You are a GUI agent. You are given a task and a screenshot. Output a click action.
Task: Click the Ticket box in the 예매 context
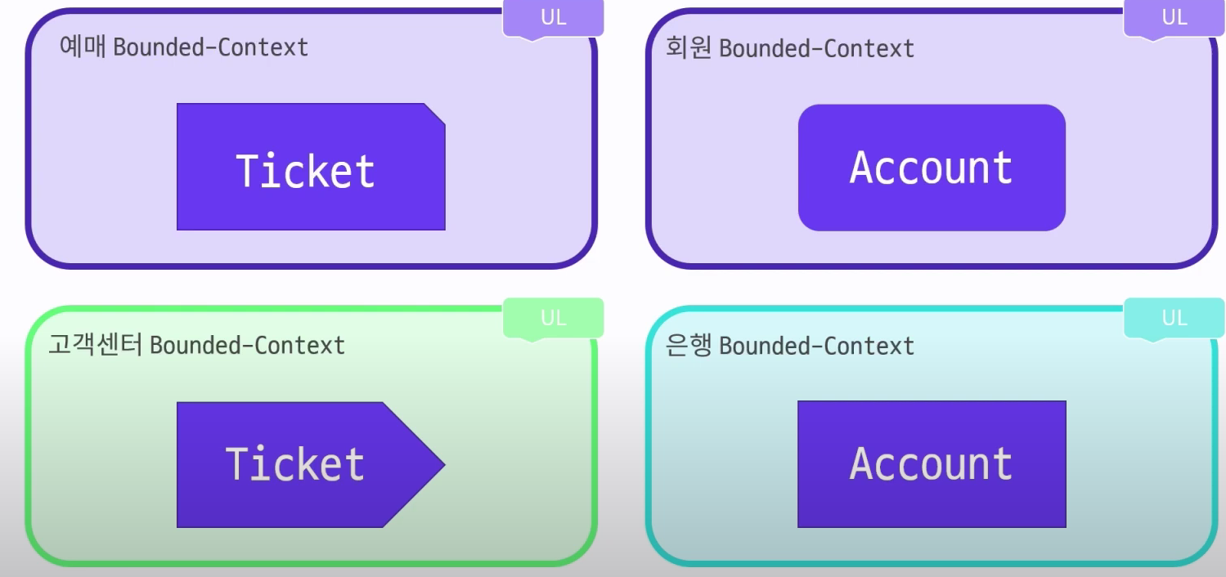point(311,167)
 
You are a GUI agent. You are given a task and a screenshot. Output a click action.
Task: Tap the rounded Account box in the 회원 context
point(932,168)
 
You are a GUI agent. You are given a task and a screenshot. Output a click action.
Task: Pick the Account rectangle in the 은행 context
point(932,464)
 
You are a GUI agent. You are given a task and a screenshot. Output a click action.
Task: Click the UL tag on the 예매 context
point(553,17)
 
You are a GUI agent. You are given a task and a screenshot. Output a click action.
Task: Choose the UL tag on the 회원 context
point(1174,17)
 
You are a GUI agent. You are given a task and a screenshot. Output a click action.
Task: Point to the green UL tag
point(553,317)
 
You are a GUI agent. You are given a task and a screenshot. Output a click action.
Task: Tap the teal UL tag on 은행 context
point(1174,317)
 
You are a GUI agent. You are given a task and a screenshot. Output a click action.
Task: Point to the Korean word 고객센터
point(96,345)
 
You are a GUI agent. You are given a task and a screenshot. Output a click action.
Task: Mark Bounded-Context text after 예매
point(211,47)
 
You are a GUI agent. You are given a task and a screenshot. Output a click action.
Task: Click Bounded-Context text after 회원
point(816,49)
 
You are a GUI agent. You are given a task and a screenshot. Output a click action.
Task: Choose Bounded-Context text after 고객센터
point(247,346)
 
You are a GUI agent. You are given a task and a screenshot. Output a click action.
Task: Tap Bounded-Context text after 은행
point(816,347)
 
